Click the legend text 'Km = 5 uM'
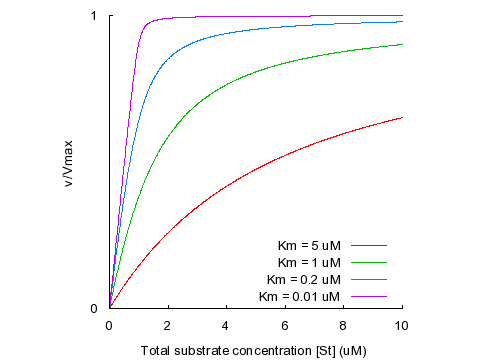(310, 244)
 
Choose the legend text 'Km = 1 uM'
(310, 261)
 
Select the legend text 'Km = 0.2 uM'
(305, 278)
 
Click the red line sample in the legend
(368, 244)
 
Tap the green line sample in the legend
(368, 261)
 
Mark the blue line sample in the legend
(368, 278)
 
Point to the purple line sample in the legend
(368, 296)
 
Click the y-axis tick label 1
(93, 16)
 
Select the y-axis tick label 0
(93, 308)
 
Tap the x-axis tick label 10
(402, 325)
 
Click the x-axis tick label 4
(226, 325)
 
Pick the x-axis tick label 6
(285, 325)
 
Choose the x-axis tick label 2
(168, 325)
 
